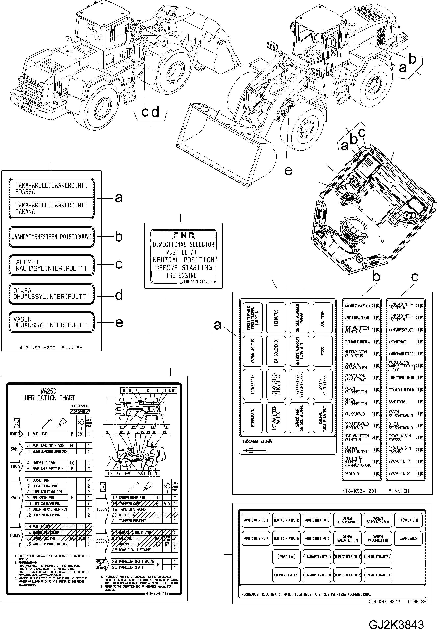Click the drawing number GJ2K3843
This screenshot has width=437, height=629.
tap(396, 617)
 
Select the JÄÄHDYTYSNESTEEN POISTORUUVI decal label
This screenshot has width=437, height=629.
tap(51, 237)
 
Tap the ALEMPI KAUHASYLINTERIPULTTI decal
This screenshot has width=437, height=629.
tap(51, 265)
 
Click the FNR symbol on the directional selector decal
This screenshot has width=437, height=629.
tap(183, 235)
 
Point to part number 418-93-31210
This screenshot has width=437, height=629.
tap(194, 282)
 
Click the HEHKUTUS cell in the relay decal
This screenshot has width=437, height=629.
tap(276, 317)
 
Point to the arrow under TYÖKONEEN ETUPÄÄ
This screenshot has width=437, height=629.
tap(254, 451)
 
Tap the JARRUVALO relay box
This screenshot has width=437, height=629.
tap(408, 539)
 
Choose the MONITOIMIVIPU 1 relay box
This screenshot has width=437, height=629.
tap(256, 520)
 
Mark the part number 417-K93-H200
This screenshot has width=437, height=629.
tap(38, 348)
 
